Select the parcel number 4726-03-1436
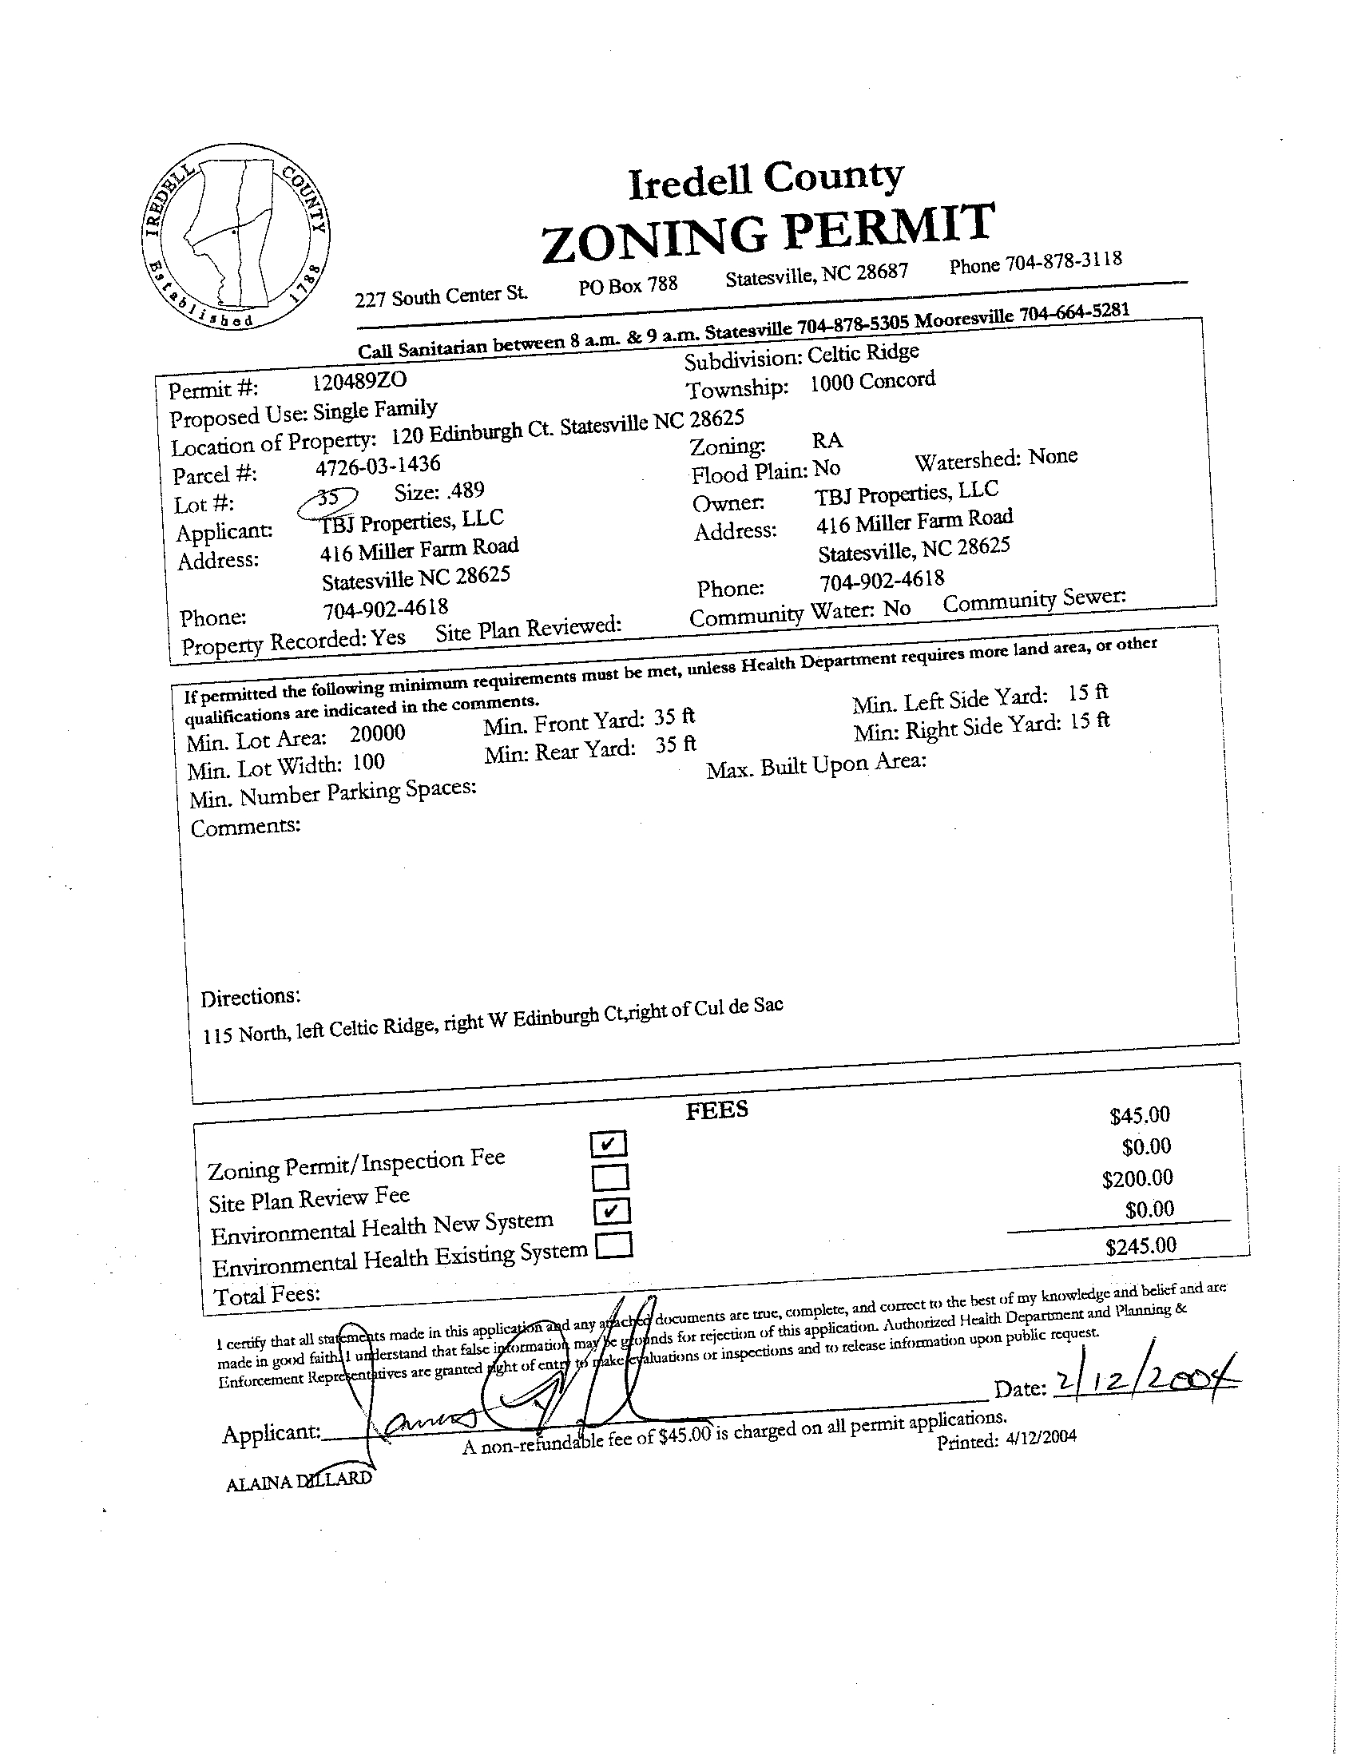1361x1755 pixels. pyautogui.click(x=379, y=465)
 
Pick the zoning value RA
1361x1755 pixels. pyautogui.click(x=827, y=439)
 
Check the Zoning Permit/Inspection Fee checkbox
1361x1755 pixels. pyautogui.click(x=608, y=1142)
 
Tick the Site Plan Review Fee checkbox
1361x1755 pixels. pyautogui.click(x=609, y=1177)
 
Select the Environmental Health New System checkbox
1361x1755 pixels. pyautogui.click(x=611, y=1210)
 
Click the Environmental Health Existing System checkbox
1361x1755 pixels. pyautogui.click(x=614, y=1245)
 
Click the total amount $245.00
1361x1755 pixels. pyautogui.click(x=1140, y=1246)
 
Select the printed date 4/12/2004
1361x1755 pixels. pyautogui.click(x=1041, y=1438)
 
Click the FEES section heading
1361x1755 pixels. pyautogui.click(x=716, y=1110)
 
